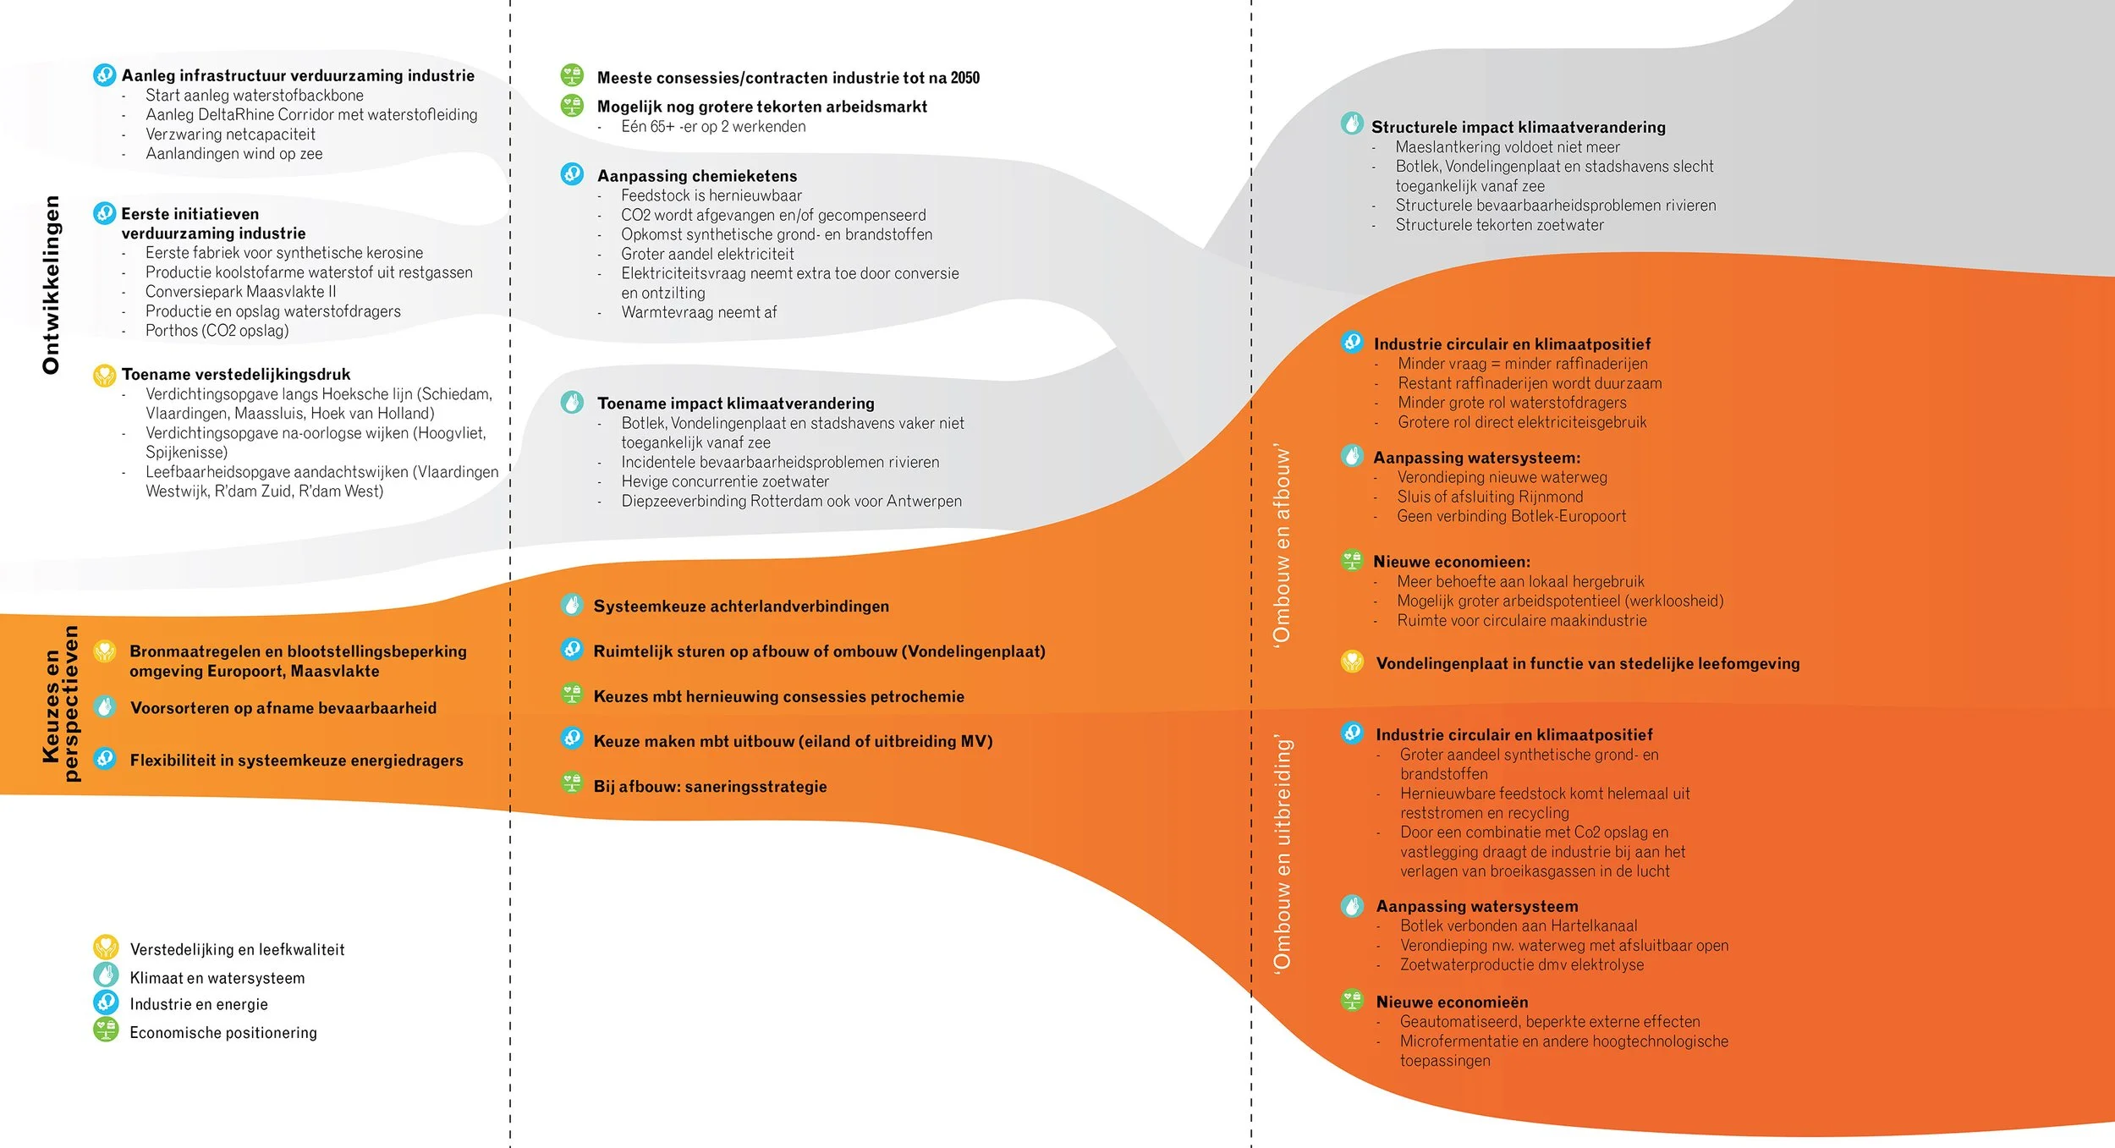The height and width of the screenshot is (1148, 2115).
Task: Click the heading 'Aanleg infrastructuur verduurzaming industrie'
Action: pos(298,75)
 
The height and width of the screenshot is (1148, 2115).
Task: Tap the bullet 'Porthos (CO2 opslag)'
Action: pos(217,331)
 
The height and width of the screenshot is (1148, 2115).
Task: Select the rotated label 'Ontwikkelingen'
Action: pos(52,284)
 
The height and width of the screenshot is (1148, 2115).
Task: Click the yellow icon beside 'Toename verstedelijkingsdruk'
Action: pos(105,375)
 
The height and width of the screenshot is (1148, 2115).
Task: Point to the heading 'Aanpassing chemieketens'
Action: pos(697,176)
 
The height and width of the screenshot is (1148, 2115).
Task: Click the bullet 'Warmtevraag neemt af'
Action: pos(699,312)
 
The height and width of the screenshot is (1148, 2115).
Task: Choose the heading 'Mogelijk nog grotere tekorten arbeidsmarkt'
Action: pos(762,107)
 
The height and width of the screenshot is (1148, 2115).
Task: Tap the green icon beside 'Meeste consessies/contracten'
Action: pos(573,75)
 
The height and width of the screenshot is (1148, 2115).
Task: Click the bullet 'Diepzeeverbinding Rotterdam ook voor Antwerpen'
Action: pos(791,501)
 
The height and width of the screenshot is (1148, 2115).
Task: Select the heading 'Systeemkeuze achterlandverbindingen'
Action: pos(741,607)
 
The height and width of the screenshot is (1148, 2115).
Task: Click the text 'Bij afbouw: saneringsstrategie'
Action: pos(710,787)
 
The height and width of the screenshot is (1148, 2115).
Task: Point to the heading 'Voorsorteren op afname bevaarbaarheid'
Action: pos(283,708)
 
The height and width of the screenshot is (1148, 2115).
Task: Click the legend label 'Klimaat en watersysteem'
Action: pos(217,978)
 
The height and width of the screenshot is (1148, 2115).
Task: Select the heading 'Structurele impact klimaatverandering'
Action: pos(1518,127)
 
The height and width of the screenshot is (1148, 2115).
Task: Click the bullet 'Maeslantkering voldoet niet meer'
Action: pos(1508,147)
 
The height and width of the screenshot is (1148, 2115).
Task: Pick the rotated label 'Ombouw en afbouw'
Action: pos(1283,545)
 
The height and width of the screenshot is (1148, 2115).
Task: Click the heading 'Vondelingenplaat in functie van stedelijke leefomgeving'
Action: pos(1588,664)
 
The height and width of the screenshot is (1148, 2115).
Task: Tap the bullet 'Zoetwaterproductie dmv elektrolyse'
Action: pos(1521,965)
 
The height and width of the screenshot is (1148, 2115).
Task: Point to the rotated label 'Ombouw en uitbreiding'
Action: pos(1283,854)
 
